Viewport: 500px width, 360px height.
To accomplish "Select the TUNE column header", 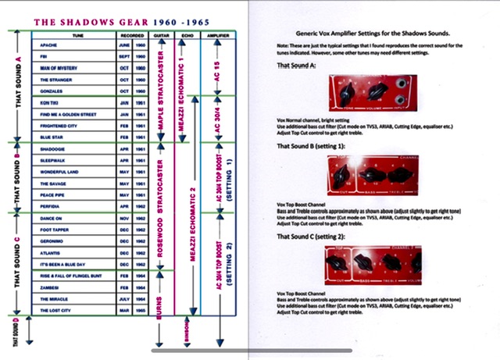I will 73,36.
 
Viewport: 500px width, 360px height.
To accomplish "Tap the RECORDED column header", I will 132,36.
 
